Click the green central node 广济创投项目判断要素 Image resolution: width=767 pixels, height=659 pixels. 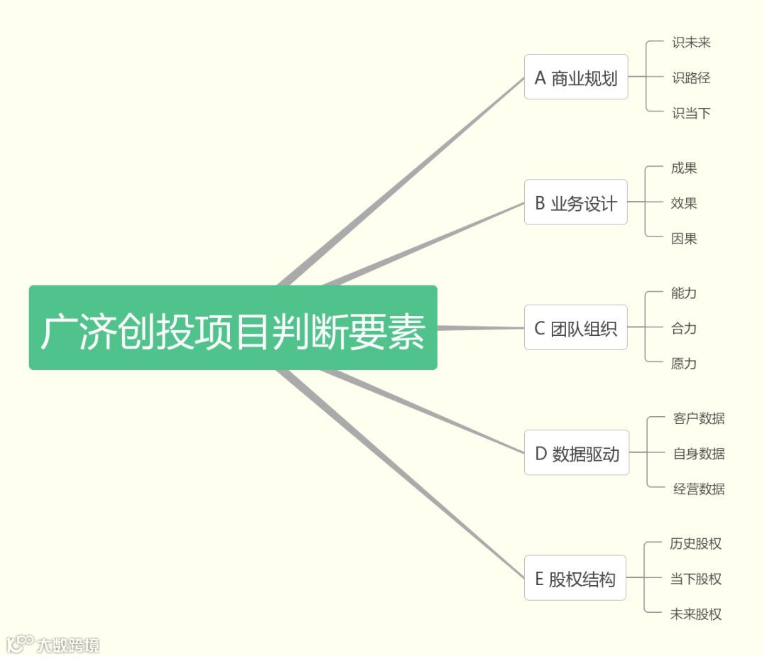(x=233, y=327)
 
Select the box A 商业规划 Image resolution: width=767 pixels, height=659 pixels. (x=576, y=77)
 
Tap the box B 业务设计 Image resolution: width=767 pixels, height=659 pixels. (x=576, y=202)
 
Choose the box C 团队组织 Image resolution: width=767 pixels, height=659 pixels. (x=576, y=327)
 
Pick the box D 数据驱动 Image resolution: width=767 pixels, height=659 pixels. (x=577, y=453)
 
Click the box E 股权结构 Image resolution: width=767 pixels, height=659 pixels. (x=575, y=578)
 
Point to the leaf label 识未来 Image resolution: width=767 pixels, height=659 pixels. (x=691, y=43)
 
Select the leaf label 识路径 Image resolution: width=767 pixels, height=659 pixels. (x=691, y=77)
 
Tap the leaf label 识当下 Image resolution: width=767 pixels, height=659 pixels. (x=691, y=113)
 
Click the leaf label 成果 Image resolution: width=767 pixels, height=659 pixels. (x=684, y=168)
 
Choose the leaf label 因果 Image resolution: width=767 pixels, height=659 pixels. (x=684, y=239)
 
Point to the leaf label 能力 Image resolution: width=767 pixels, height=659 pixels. (x=684, y=293)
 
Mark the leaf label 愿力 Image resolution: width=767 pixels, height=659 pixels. (x=684, y=364)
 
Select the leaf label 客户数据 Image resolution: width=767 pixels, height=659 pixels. (x=699, y=418)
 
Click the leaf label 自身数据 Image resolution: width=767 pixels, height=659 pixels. (x=699, y=454)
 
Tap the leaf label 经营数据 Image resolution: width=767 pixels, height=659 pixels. (x=699, y=489)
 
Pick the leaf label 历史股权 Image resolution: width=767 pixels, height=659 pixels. (x=696, y=544)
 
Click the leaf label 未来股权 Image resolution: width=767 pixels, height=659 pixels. (x=696, y=614)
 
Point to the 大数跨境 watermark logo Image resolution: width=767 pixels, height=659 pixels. (x=53, y=645)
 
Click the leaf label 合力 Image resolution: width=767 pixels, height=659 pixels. (x=684, y=328)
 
